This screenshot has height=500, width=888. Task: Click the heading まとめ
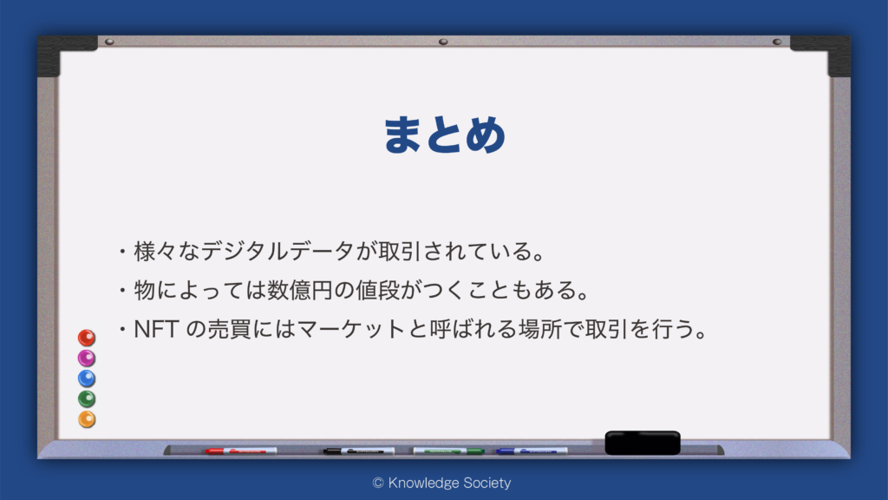445,135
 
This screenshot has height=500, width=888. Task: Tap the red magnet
87,338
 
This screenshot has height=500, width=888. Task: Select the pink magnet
87,359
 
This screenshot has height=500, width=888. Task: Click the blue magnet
87,378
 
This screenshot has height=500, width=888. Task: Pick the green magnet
87,399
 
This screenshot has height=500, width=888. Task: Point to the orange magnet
87,419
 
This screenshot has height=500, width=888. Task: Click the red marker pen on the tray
241,451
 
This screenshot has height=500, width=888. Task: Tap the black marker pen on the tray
358,451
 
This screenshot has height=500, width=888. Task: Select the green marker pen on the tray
448,451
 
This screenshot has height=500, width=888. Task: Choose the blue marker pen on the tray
532,451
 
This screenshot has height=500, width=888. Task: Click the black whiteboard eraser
643,443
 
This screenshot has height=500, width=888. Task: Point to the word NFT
156,329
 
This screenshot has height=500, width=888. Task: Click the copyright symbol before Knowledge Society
378,483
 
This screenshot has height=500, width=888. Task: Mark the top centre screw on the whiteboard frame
443,42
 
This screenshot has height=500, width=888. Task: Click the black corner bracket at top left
62,52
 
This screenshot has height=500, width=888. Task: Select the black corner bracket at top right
826,52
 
